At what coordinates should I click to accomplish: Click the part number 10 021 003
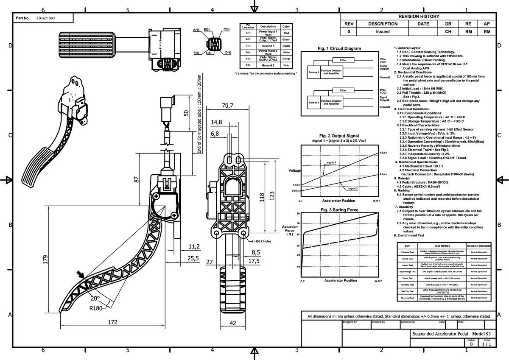46,18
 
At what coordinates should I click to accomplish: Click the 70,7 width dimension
228,106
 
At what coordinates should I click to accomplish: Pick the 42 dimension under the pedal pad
233,323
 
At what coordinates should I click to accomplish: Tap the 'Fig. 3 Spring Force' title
339,210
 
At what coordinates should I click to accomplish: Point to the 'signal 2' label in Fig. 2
352,188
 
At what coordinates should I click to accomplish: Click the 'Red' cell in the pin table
286,33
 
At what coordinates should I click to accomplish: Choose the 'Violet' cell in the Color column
286,66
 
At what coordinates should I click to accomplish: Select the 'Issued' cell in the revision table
383,32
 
